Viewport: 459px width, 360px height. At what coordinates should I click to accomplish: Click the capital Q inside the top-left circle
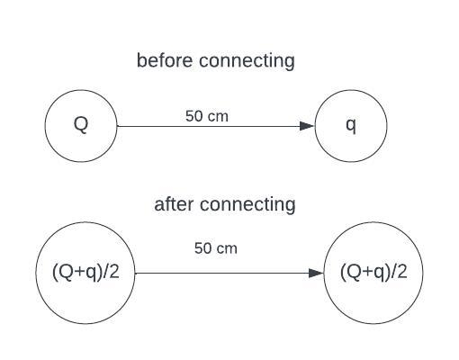click(81, 124)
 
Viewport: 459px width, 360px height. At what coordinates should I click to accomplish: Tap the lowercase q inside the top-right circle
click(351, 126)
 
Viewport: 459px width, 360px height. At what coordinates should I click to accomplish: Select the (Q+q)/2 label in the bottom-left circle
click(85, 272)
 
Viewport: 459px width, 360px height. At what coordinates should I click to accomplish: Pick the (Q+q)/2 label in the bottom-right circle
click(373, 272)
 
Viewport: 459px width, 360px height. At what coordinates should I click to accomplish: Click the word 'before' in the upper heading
click(165, 60)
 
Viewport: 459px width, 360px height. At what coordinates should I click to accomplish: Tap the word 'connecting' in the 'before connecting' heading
click(247, 61)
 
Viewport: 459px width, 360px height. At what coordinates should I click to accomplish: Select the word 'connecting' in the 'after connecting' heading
click(247, 205)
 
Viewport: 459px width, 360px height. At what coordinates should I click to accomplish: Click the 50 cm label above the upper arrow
click(207, 116)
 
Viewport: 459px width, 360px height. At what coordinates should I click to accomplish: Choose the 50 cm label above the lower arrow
click(216, 248)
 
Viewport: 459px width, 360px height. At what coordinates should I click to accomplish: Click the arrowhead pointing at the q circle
click(307, 126)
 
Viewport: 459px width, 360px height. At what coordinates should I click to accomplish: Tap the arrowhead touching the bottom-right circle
click(316, 273)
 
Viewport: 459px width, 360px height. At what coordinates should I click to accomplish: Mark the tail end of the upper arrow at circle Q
click(117, 126)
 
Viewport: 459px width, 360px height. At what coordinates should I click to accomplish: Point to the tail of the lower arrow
click(135, 273)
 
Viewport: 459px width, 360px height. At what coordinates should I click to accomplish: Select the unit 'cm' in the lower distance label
click(227, 249)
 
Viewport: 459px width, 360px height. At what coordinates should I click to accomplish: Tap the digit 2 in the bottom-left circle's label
click(114, 272)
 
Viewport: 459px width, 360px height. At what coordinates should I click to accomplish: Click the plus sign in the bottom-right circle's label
click(368, 273)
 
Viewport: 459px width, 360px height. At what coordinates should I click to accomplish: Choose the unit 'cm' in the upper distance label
click(219, 118)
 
